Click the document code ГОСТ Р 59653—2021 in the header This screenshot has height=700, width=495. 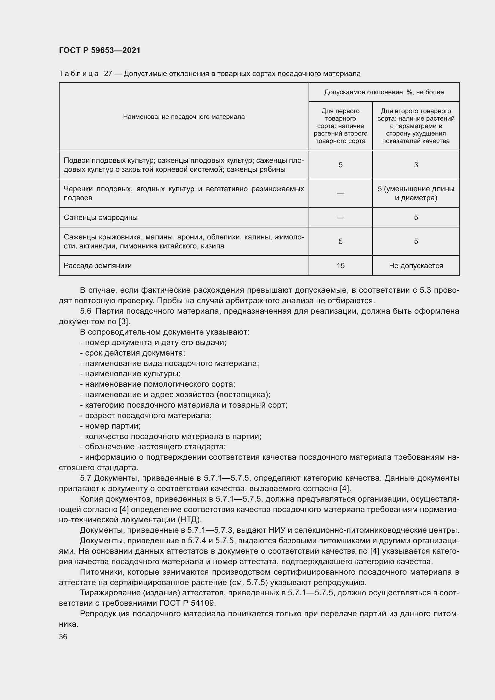click(x=100, y=50)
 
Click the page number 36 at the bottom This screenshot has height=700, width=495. click(x=63, y=637)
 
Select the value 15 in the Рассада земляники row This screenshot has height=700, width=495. click(x=341, y=265)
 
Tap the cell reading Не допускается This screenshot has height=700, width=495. click(x=416, y=265)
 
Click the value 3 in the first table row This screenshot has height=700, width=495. click(x=416, y=165)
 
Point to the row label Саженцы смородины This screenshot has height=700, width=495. click(x=101, y=218)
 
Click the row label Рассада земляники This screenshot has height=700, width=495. click(x=98, y=265)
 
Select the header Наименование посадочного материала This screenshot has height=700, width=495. click(x=184, y=117)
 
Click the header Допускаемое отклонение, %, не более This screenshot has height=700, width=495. click(x=384, y=92)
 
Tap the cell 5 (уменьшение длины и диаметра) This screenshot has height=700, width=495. click(x=416, y=193)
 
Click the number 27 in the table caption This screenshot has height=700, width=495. click(x=108, y=74)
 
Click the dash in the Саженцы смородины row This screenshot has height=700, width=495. click(x=341, y=218)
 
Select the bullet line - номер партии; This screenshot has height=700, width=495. click(x=110, y=426)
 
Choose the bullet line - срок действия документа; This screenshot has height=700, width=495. click(x=133, y=353)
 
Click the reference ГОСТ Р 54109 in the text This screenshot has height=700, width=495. click(x=187, y=603)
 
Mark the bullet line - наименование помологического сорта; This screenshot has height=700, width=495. click(x=158, y=384)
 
